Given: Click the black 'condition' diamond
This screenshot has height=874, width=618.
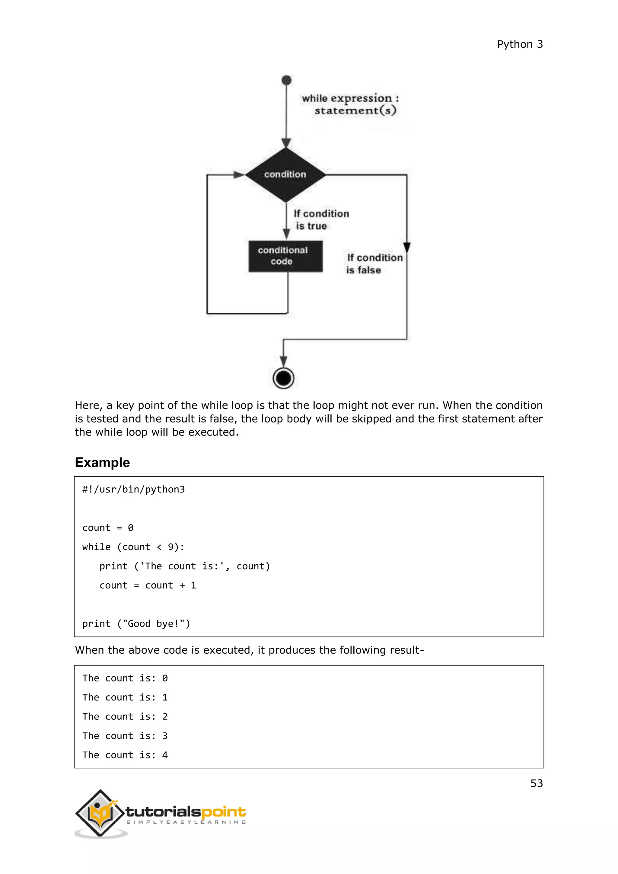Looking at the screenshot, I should click(285, 175).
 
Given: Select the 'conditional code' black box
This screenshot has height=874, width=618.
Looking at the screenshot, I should click(285, 256).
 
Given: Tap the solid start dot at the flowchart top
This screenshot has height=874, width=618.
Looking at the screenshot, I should click(287, 80).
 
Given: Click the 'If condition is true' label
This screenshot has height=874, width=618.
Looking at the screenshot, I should click(321, 220).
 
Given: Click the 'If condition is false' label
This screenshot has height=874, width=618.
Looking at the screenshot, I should click(374, 263).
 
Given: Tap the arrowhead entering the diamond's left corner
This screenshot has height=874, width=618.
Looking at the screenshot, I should click(239, 175).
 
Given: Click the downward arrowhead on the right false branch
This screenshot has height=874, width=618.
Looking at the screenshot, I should click(407, 247).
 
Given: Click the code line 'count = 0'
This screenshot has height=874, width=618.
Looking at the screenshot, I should click(108, 528).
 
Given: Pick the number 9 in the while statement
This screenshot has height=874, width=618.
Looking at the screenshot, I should click(171, 547).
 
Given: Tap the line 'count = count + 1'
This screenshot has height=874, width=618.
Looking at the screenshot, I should click(148, 585).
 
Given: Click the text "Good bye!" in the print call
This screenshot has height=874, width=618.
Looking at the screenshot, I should click(154, 624).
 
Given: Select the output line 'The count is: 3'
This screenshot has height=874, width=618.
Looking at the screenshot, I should click(125, 736).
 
